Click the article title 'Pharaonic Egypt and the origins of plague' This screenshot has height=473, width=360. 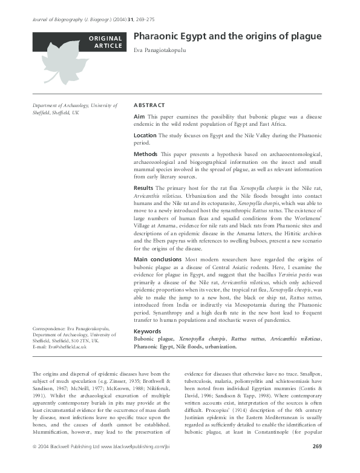(x=227, y=37)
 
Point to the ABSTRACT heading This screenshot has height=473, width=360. (x=149, y=105)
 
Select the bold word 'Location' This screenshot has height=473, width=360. (x=146, y=135)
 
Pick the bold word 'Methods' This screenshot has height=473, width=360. (x=145, y=155)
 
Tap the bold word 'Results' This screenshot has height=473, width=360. (x=144, y=189)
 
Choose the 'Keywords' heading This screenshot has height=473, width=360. (x=148, y=331)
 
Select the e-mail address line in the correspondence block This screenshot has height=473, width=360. (x=59, y=347)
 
